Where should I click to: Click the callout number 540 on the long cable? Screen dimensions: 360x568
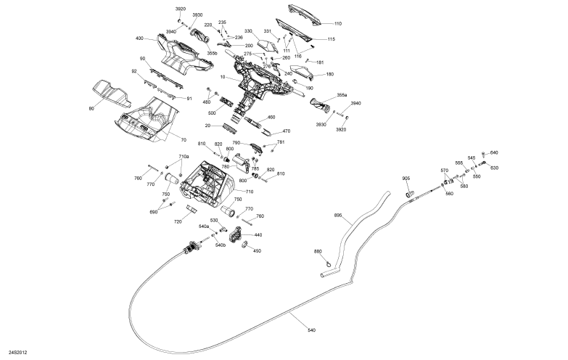(312, 330)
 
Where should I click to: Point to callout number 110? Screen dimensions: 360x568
(338, 24)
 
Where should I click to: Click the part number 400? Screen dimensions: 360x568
(139, 38)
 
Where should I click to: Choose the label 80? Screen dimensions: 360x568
(91, 109)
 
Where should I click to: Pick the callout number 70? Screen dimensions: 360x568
(184, 139)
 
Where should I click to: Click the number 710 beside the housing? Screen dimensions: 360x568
(250, 192)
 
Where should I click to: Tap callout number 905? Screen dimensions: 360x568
(406, 179)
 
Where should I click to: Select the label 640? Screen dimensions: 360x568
(494, 152)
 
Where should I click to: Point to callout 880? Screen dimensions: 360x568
(317, 251)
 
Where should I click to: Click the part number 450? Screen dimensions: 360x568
(257, 251)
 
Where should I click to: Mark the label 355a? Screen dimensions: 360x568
(342, 95)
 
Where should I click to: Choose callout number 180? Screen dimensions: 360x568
(330, 74)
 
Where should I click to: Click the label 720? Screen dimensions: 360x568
(178, 221)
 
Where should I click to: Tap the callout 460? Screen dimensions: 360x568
(271, 117)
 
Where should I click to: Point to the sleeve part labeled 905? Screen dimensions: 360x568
(410, 194)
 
